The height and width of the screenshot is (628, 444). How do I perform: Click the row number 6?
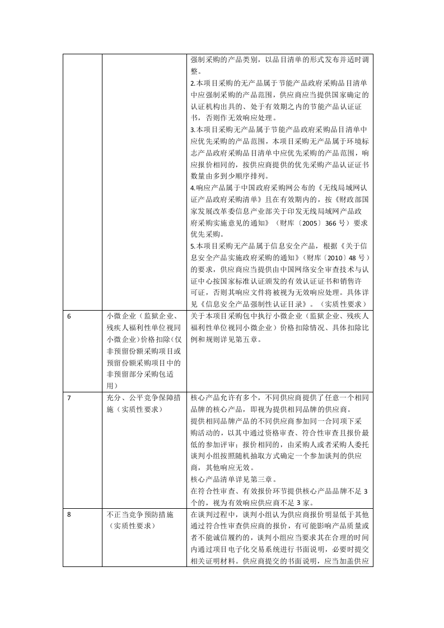coord(69,316)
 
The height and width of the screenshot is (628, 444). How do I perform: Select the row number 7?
coord(69,397)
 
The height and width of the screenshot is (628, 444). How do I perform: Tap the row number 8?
coord(69,514)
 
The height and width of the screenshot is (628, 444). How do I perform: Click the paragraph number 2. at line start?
coord(192,83)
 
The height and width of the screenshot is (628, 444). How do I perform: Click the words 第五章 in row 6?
coord(273,339)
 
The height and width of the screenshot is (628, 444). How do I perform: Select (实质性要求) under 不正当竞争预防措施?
coord(130,526)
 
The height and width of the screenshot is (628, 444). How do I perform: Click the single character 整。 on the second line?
coord(195,71)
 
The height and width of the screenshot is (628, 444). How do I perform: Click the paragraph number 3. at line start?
coord(192,129)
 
